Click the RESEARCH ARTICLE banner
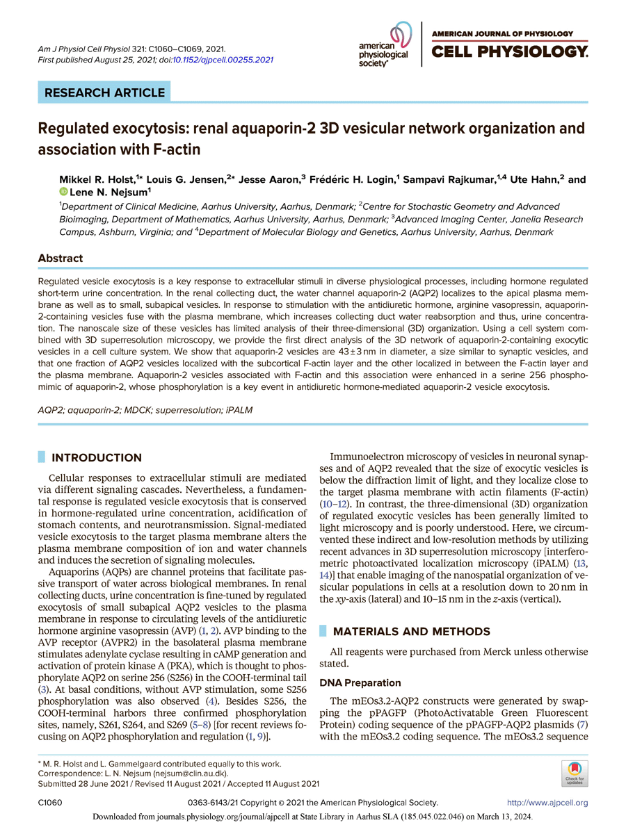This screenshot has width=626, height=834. coord(105,92)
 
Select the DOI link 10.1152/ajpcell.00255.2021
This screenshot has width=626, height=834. coord(226,60)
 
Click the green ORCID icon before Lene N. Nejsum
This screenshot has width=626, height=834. coord(63,192)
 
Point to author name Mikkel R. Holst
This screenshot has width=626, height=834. coord(95,179)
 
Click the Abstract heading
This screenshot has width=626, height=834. coord(60,258)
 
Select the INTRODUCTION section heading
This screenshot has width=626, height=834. coord(97,457)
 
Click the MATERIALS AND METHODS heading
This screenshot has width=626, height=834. coord(412,631)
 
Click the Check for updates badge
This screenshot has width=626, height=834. coord(574,772)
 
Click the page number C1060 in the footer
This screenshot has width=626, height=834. coord(50,803)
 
